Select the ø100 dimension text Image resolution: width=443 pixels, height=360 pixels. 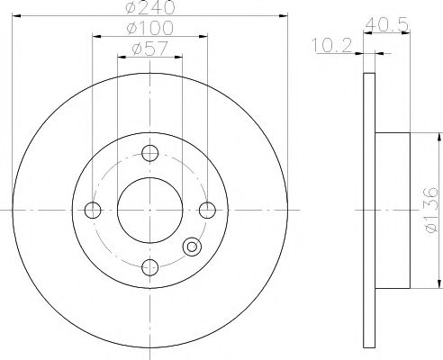150,30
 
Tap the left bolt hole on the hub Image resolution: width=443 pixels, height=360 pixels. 92,211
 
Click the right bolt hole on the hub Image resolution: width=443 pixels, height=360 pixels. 208,211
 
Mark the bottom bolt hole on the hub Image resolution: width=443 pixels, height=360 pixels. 149,267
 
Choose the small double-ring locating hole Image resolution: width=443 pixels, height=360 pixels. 191,247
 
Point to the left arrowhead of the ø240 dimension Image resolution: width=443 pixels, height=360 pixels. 21,15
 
